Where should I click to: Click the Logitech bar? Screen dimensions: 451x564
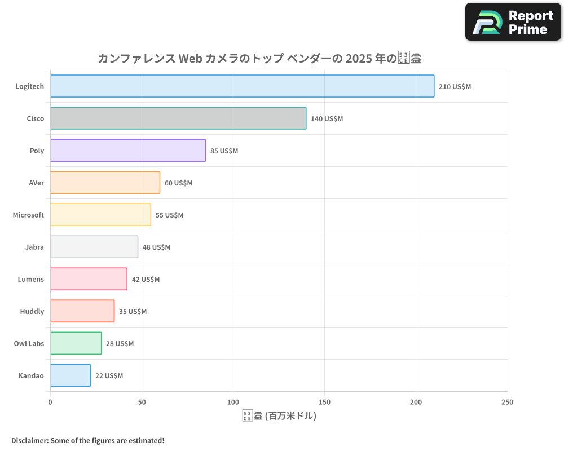[x=242, y=86]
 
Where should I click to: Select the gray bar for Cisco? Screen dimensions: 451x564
[x=178, y=118]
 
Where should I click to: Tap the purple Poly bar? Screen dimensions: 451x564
[x=128, y=151]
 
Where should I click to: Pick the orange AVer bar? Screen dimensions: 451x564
[x=105, y=183]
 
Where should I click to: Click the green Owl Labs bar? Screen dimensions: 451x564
[x=76, y=343]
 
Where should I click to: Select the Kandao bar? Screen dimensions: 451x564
[x=70, y=375]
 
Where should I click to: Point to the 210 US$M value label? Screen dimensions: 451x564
[x=455, y=87]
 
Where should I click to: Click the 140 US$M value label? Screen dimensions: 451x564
[x=327, y=119]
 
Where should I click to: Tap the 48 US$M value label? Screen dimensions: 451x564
[x=156, y=247]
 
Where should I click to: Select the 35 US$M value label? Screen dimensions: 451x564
[x=133, y=312]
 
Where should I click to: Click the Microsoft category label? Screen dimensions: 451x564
[x=28, y=215]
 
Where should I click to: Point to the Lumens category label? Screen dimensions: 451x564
[x=30, y=279]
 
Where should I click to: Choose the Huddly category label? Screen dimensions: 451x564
[x=32, y=311]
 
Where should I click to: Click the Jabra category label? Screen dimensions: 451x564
[x=34, y=247]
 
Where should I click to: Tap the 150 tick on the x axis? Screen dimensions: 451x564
[x=324, y=402]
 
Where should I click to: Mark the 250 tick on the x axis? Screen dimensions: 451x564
[x=507, y=402]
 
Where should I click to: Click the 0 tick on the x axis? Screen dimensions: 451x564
[x=50, y=402]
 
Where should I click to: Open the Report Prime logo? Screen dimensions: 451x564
[x=513, y=22]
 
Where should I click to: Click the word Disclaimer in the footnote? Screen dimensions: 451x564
[x=29, y=440]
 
